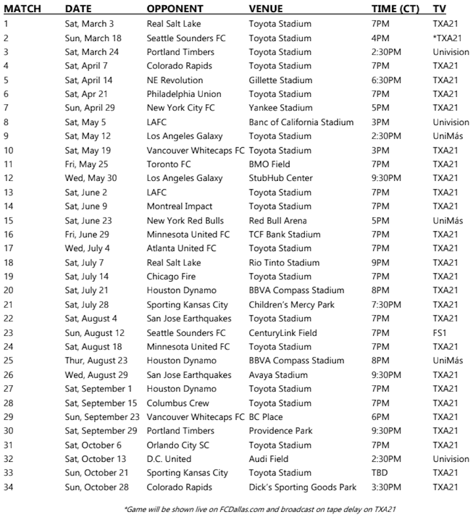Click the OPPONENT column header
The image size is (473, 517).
[174, 9]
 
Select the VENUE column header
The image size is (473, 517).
[265, 9]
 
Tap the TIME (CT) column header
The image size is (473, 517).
[395, 9]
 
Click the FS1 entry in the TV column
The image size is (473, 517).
[439, 333]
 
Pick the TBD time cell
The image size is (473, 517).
[379, 473]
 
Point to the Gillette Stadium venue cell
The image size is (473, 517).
[280, 80]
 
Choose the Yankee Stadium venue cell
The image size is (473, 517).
[280, 108]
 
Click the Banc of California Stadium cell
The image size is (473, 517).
[301, 122]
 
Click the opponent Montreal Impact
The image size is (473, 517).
[179, 206]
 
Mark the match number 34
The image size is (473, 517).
[8, 487]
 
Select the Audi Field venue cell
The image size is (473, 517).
[269, 459]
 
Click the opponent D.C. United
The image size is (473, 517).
[169, 459]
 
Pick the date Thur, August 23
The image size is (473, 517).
[96, 360]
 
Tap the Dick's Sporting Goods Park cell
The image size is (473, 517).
[302, 487]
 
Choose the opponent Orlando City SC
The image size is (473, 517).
[177, 444]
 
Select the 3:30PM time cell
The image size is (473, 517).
[386, 487]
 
